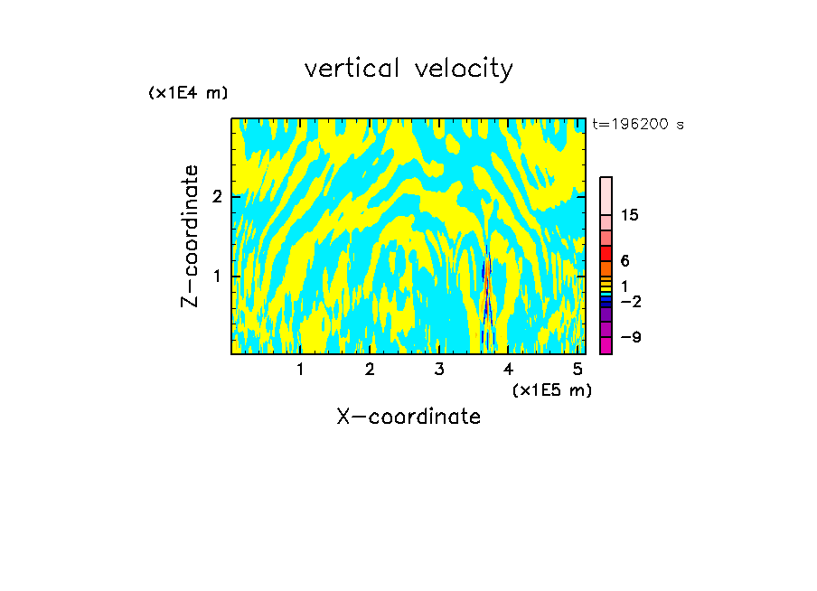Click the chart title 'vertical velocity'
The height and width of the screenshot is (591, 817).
(408, 69)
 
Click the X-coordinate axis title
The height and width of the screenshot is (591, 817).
(408, 417)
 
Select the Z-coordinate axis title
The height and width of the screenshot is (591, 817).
(191, 236)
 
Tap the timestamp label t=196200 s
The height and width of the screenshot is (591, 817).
(637, 125)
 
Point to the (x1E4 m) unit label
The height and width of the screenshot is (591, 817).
(188, 93)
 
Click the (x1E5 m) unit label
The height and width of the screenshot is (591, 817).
(551, 389)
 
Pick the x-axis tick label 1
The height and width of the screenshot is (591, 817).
(300, 369)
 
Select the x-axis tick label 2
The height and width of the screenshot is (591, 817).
(370, 369)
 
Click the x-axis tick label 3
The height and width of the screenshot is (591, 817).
(439, 369)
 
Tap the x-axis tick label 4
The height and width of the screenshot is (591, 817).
(508, 369)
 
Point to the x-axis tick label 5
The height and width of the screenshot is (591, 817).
(578, 369)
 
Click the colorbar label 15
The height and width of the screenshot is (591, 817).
(630, 215)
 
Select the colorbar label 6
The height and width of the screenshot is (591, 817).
(624, 260)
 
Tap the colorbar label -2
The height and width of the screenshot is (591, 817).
(630, 301)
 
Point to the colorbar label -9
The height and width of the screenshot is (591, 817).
(630, 337)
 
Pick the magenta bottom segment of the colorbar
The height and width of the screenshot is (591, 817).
(606, 345)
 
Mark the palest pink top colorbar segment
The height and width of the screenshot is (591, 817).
(606, 195)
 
